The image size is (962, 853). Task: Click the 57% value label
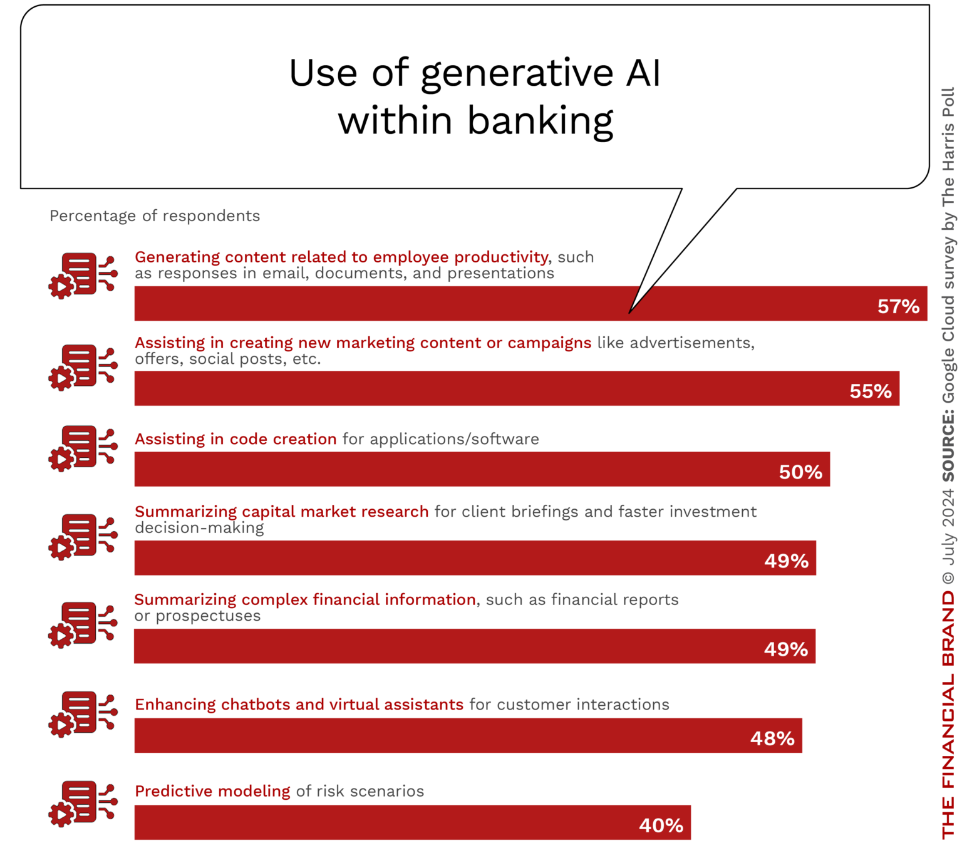click(898, 306)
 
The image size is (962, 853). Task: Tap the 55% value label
click(871, 391)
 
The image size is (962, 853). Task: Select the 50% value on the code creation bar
click(800, 472)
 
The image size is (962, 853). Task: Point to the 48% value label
click(772, 738)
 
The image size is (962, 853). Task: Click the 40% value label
click(661, 825)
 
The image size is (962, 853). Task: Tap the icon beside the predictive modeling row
click(83, 804)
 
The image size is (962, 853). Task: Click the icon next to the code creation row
click(83, 448)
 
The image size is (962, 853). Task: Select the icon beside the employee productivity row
click(83, 276)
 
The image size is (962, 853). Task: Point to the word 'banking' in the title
click(540, 121)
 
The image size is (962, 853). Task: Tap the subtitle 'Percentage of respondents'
click(155, 216)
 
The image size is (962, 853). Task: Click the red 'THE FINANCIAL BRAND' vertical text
click(948, 714)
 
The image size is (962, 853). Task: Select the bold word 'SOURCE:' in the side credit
click(948, 446)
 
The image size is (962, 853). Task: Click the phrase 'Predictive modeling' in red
click(212, 791)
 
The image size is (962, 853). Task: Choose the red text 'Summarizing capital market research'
click(281, 512)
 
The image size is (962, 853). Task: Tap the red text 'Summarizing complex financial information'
click(305, 599)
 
